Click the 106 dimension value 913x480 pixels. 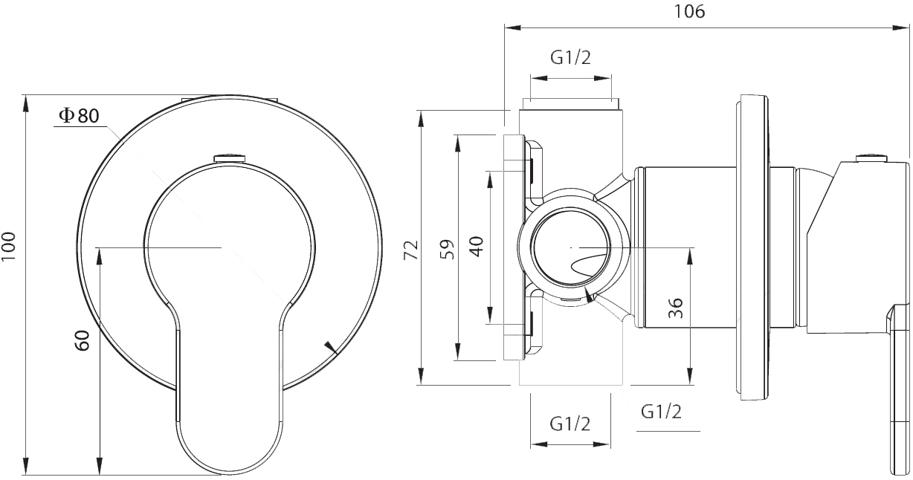click(x=689, y=11)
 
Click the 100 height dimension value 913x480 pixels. click(x=9, y=247)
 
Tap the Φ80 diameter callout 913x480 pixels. click(x=79, y=116)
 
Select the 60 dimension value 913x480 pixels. click(x=83, y=340)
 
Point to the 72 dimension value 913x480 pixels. click(x=411, y=250)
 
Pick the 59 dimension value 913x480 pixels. click(x=447, y=250)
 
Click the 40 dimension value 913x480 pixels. click(x=476, y=246)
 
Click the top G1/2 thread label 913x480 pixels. click(x=570, y=58)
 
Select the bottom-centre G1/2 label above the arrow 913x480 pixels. click(x=570, y=424)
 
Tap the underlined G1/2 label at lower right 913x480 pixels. click(x=661, y=412)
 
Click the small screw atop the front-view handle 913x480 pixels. click(x=230, y=158)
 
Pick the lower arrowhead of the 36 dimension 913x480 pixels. click(x=690, y=376)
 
